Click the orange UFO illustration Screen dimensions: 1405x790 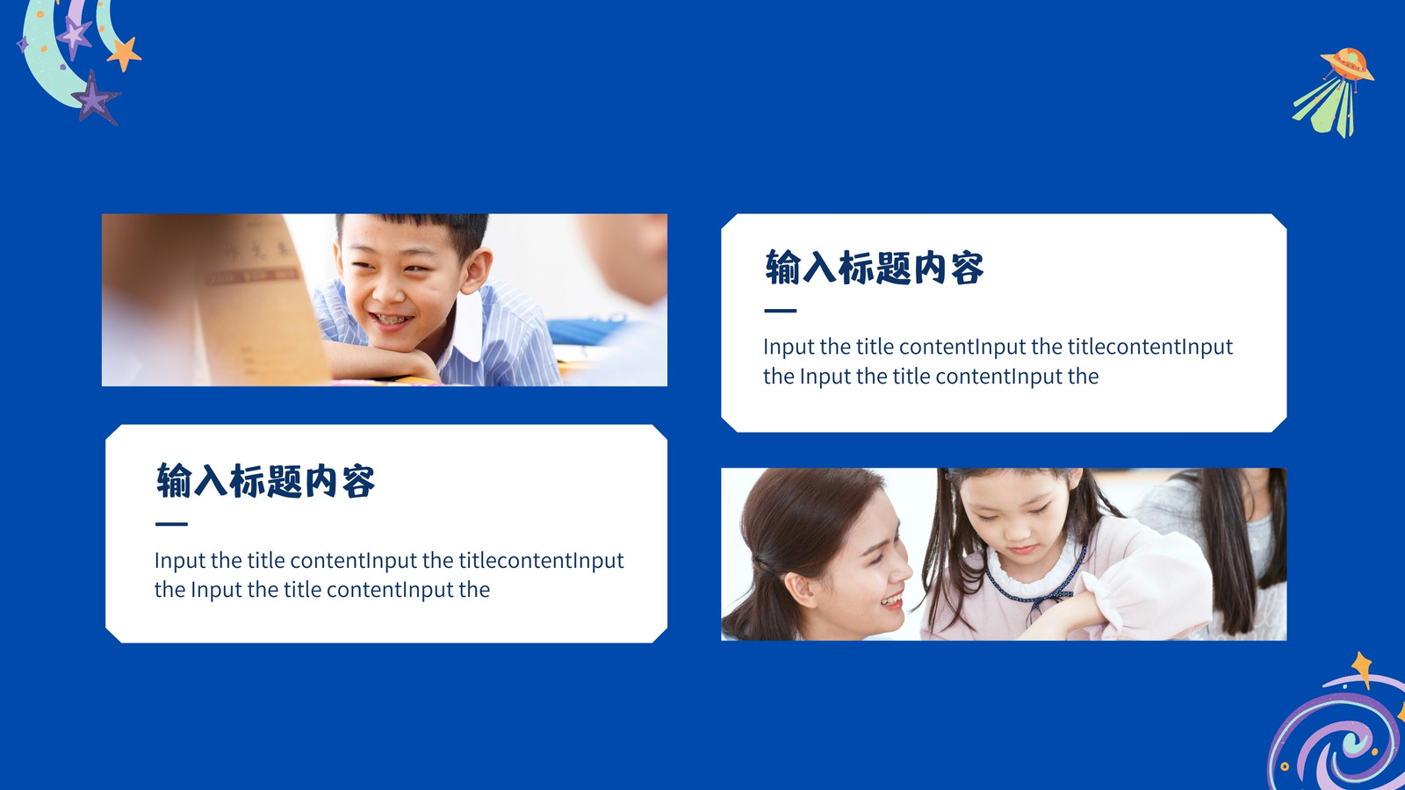pos(1347,64)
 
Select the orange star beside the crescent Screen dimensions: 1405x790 pos(124,54)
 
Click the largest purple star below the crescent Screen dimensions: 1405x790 pos(94,97)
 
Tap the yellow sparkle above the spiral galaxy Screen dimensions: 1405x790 pos(1362,667)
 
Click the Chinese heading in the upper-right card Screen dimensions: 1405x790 pos(874,268)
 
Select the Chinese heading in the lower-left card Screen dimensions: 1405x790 pos(265,481)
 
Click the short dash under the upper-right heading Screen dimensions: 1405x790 pos(781,311)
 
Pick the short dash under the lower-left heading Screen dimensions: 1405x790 pos(171,524)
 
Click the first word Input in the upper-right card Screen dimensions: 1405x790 pos(789,347)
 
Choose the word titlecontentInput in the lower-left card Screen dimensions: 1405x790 pos(541,561)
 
